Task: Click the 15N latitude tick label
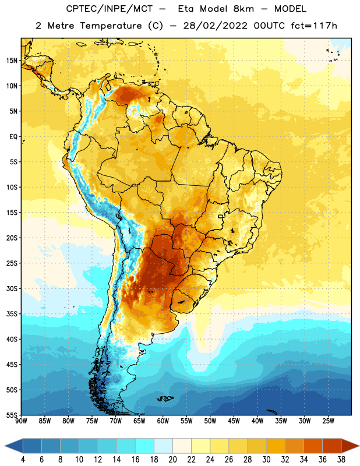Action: coord(12,61)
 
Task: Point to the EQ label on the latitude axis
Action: coord(13,137)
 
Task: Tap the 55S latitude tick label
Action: coord(12,415)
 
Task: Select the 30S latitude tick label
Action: coord(12,288)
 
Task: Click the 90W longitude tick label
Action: coord(21,421)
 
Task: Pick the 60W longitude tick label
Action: coord(163,421)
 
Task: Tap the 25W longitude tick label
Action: coord(328,421)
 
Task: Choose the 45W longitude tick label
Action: coord(234,421)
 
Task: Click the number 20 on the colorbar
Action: coord(172,460)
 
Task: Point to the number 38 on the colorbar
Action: coord(341,460)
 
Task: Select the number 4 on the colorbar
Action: coord(23,460)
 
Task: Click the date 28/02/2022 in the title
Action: coord(215,26)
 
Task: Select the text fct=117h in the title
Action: coord(314,26)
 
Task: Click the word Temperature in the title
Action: coord(111,26)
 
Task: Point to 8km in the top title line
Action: coord(243,9)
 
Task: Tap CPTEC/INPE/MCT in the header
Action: coord(109,9)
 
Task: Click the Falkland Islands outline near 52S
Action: coord(165,398)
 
